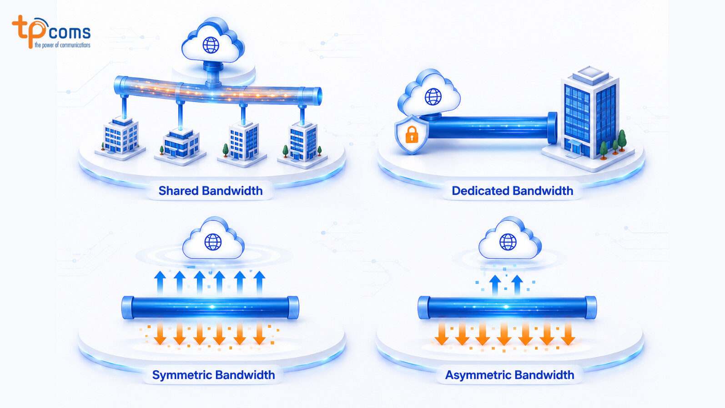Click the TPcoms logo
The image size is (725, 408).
click(x=51, y=32)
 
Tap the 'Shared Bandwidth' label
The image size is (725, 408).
click(x=211, y=190)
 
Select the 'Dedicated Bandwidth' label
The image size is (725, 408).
click(x=512, y=190)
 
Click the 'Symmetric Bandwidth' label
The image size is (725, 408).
click(x=214, y=375)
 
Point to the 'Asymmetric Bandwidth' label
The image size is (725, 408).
click(x=510, y=375)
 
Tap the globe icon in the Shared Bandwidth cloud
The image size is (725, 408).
click(x=211, y=45)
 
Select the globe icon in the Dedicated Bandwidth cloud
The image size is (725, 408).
click(x=433, y=96)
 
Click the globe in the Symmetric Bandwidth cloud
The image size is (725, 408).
click(x=213, y=242)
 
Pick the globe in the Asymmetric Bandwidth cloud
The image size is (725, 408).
click(x=508, y=242)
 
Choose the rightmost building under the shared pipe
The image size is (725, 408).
click(x=303, y=141)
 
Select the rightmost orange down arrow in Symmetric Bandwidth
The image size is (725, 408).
click(x=259, y=333)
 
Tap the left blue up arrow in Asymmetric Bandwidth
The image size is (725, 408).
click(x=495, y=286)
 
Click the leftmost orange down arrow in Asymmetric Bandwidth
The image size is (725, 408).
click(x=442, y=333)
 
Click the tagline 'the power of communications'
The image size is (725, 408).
click(x=62, y=45)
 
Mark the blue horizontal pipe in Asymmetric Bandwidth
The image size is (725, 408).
click(x=507, y=307)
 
